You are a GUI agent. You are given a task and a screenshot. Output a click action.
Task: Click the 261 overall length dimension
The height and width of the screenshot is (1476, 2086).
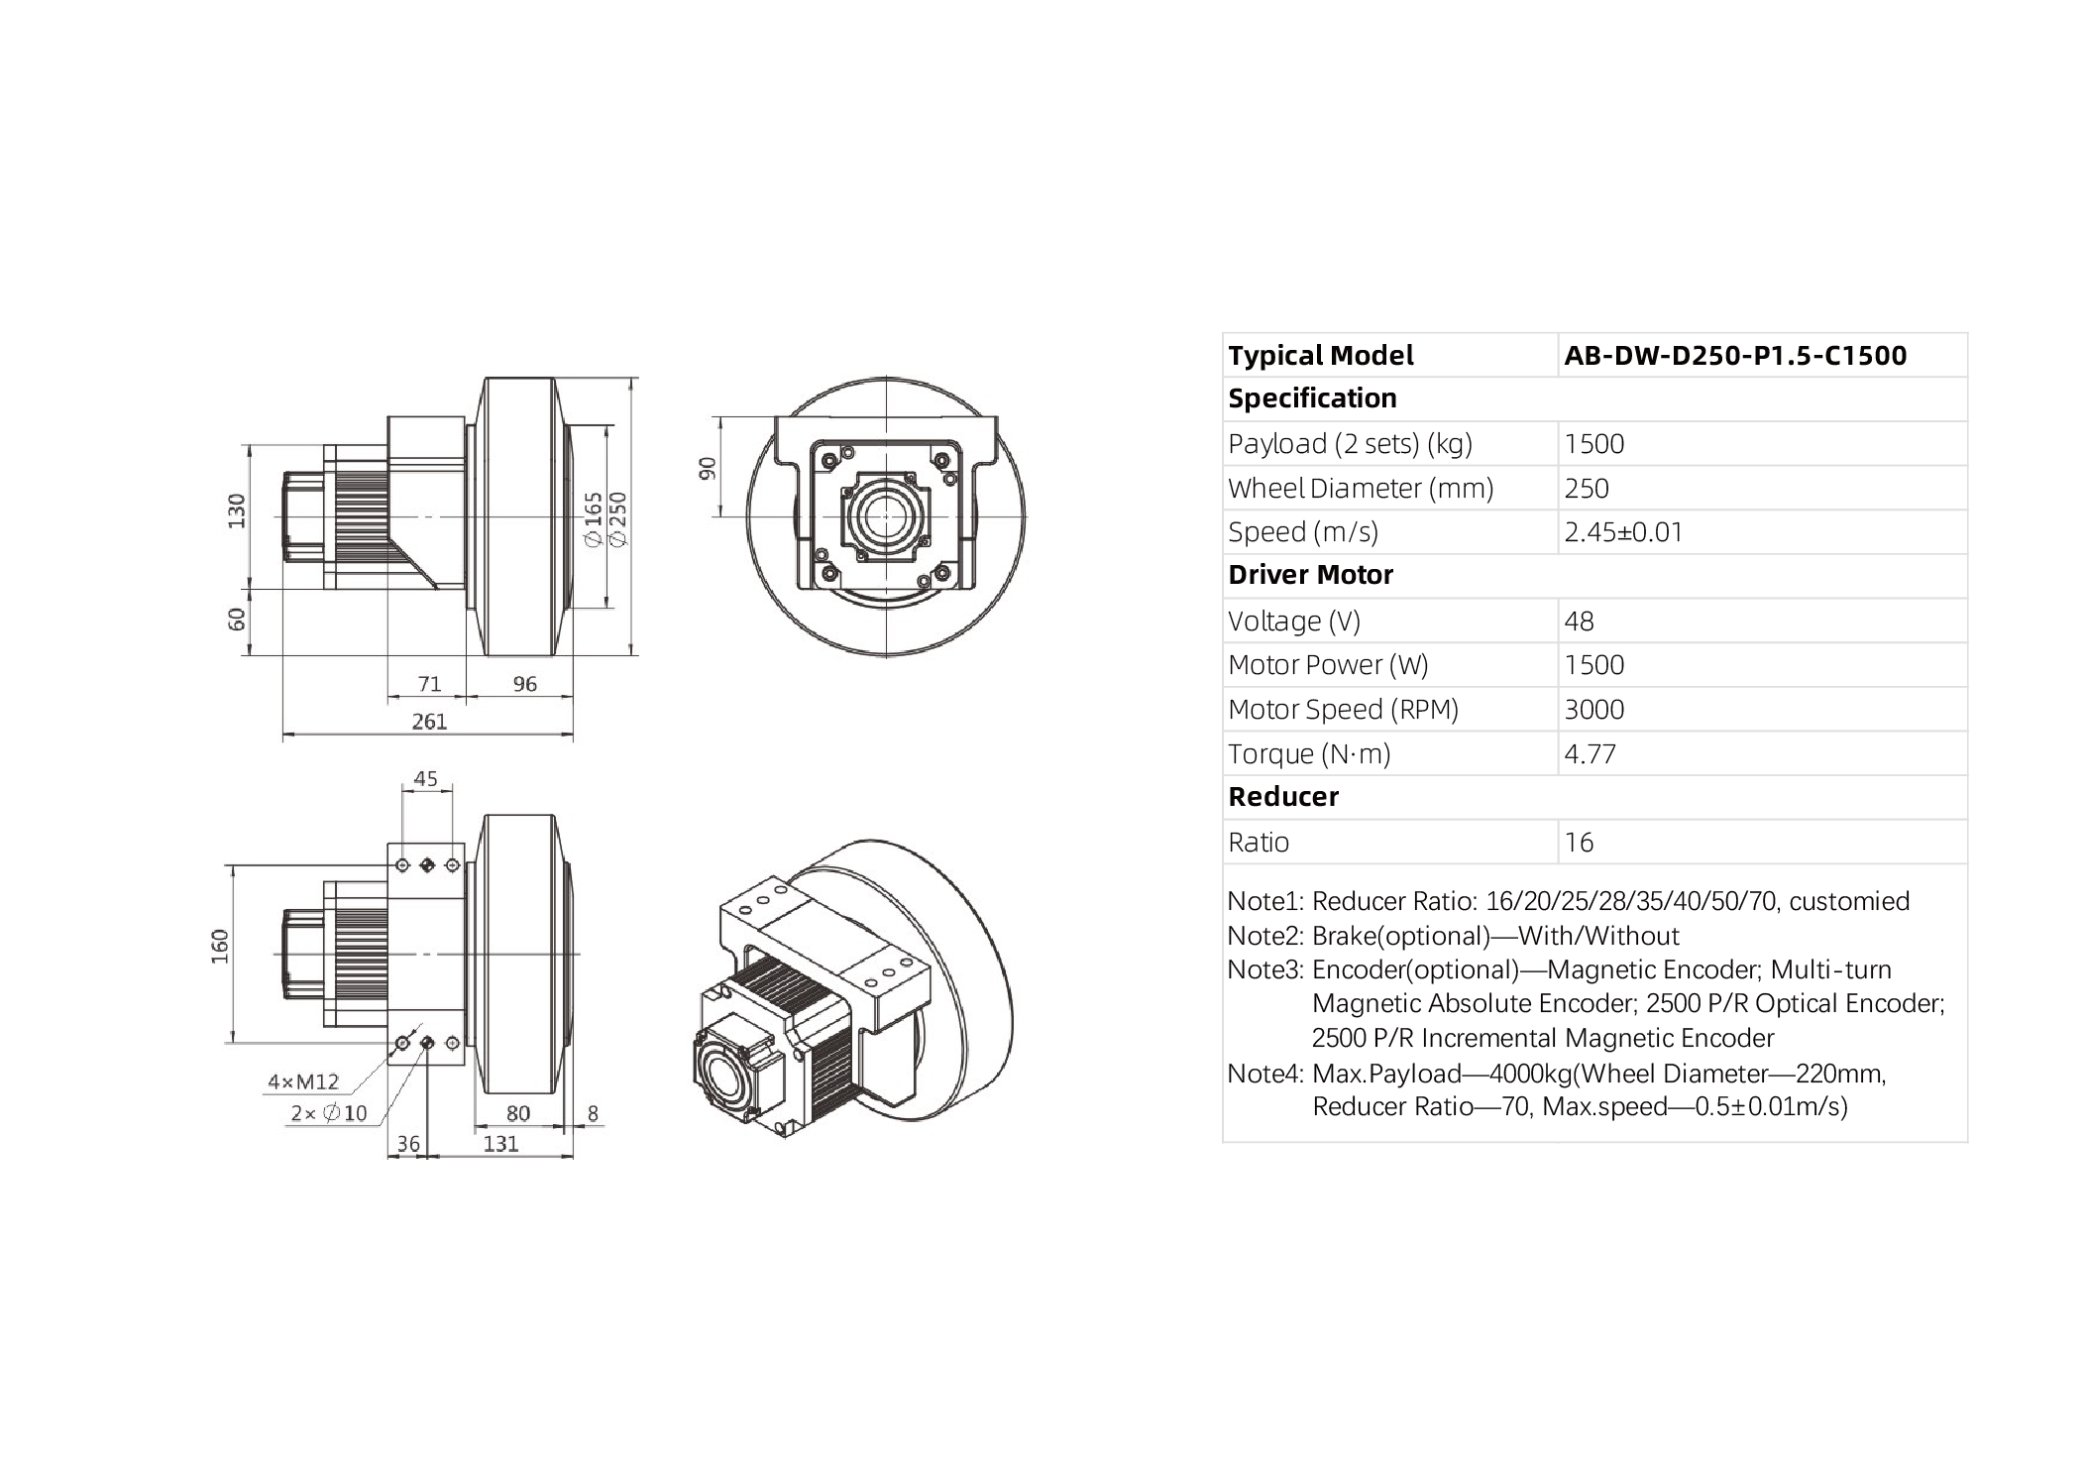(429, 722)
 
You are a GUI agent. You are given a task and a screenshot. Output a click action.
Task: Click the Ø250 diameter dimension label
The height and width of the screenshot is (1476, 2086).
(618, 517)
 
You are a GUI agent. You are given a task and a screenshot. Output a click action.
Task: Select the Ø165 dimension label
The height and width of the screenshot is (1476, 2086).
(594, 518)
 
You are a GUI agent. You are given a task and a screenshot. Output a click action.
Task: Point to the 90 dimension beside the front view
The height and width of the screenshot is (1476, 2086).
(708, 468)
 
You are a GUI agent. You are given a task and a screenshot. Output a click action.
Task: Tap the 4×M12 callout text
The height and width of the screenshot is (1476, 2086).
(303, 1081)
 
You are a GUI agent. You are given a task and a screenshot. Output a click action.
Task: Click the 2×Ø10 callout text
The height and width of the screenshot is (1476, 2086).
(328, 1113)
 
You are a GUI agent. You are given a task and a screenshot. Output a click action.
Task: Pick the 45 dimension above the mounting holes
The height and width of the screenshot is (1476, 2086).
(425, 778)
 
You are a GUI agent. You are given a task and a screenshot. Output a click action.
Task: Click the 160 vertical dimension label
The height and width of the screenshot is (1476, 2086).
(220, 946)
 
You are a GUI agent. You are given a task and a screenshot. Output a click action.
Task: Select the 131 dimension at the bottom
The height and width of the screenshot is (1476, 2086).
(500, 1143)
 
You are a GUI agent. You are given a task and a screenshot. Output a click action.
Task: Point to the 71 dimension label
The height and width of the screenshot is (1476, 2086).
(428, 684)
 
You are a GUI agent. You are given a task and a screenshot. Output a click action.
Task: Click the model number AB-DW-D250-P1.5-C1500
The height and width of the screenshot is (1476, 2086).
(1734, 356)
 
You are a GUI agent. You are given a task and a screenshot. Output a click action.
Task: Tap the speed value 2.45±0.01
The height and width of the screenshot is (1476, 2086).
(1623, 532)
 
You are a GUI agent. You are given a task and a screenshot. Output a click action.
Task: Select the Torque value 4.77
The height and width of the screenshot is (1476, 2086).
(1590, 754)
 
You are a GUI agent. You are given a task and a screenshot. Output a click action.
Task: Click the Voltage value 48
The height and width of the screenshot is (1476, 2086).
(1579, 622)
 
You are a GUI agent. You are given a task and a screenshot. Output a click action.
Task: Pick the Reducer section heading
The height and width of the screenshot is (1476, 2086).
(1282, 797)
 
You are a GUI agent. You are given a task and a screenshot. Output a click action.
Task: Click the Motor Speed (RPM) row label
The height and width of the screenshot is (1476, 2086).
(1343, 710)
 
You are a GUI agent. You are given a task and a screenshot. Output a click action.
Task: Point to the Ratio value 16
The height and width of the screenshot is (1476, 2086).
(1579, 843)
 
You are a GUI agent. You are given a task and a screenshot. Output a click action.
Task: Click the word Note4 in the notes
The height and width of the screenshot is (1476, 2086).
(1263, 1074)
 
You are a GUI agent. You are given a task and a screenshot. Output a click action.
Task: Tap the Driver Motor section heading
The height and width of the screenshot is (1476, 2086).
(1310, 575)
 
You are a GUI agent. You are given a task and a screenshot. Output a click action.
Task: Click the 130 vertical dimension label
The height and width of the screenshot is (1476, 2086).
(237, 511)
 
